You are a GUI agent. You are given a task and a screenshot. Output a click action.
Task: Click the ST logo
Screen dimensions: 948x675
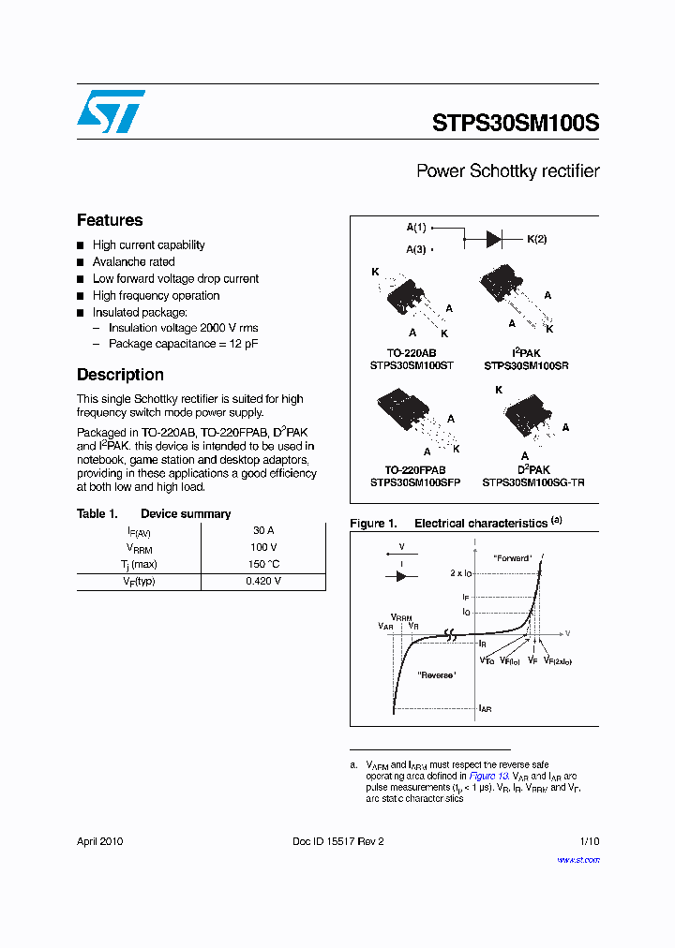point(111,111)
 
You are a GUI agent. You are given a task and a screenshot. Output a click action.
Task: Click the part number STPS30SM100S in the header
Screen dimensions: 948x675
point(516,123)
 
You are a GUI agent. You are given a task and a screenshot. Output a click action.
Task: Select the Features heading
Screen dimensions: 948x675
point(110,220)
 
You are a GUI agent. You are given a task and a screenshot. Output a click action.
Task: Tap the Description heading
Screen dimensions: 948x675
point(120,375)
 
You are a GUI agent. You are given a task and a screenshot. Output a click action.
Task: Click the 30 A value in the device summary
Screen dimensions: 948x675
point(263,530)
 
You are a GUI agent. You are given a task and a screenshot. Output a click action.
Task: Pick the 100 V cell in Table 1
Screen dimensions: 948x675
point(263,547)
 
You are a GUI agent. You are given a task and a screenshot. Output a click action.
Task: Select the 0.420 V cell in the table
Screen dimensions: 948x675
point(263,581)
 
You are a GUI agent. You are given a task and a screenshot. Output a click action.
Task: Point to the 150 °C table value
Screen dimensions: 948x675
point(263,564)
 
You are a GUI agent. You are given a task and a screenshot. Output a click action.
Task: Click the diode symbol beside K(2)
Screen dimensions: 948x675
point(494,239)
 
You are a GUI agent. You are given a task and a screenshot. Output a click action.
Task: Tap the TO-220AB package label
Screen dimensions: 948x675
point(414,353)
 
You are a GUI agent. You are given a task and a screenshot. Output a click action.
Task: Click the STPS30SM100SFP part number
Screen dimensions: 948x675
point(414,481)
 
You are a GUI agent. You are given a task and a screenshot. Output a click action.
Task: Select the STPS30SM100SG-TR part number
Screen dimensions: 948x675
point(533,481)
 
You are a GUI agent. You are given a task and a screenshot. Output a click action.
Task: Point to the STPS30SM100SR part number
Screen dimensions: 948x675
point(526,365)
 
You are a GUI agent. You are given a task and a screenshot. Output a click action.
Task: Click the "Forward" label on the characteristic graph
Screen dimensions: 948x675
point(512,558)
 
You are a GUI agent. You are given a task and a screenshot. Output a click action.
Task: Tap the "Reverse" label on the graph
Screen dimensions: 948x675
point(437,674)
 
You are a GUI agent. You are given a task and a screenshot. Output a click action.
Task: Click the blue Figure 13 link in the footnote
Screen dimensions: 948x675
point(488,777)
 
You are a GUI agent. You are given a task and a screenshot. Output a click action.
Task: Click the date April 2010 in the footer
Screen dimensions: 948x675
point(99,841)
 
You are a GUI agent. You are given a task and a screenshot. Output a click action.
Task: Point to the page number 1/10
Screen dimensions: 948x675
point(589,841)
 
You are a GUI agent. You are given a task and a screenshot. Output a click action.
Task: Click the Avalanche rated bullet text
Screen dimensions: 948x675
point(133,262)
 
